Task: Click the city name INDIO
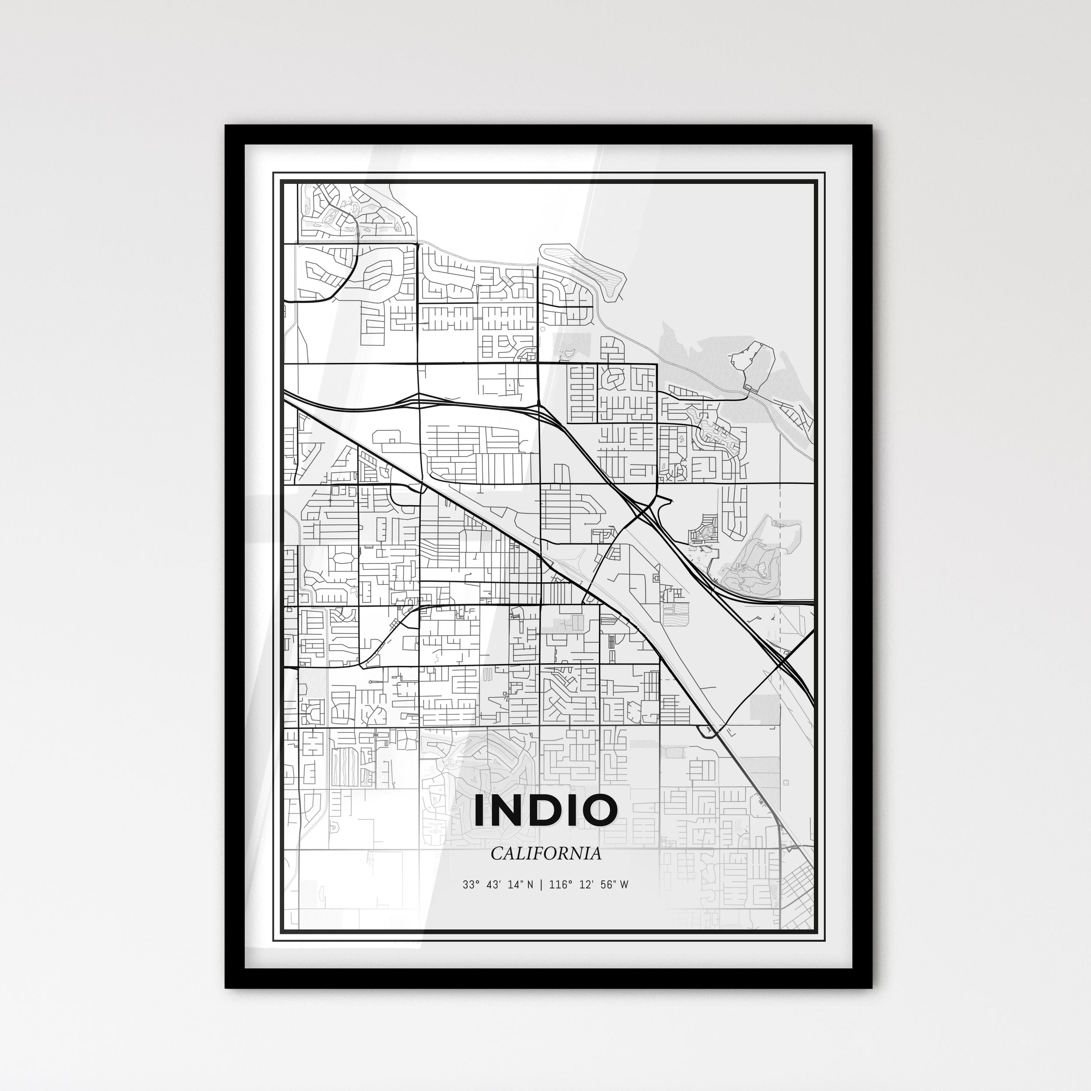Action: point(545,810)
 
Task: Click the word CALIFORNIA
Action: point(545,854)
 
